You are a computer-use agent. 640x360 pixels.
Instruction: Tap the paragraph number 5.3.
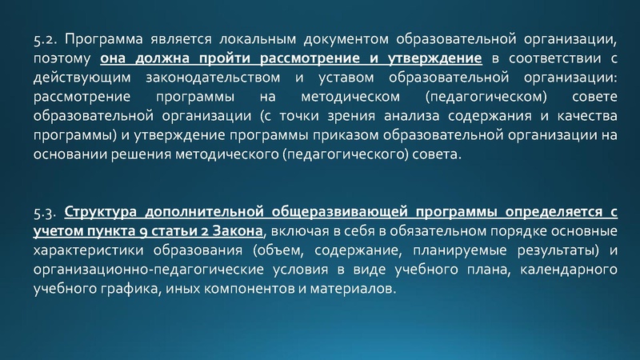[45, 212]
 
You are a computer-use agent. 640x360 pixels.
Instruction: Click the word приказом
[350, 136]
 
